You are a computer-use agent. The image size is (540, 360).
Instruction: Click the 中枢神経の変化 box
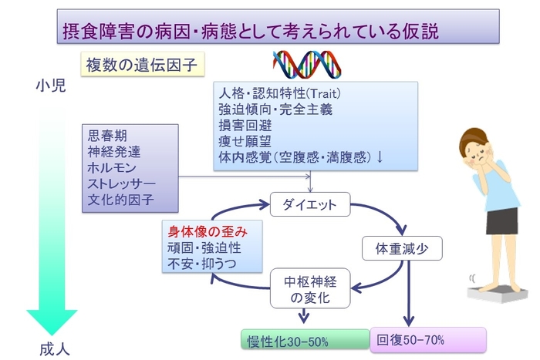click(309, 288)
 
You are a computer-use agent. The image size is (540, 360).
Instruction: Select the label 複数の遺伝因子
click(143, 65)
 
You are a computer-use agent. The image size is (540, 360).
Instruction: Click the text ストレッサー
click(122, 184)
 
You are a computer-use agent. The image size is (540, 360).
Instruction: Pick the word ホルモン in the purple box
click(113, 168)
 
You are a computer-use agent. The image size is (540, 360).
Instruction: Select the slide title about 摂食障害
click(251, 30)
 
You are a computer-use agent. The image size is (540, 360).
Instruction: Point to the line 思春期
click(108, 136)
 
